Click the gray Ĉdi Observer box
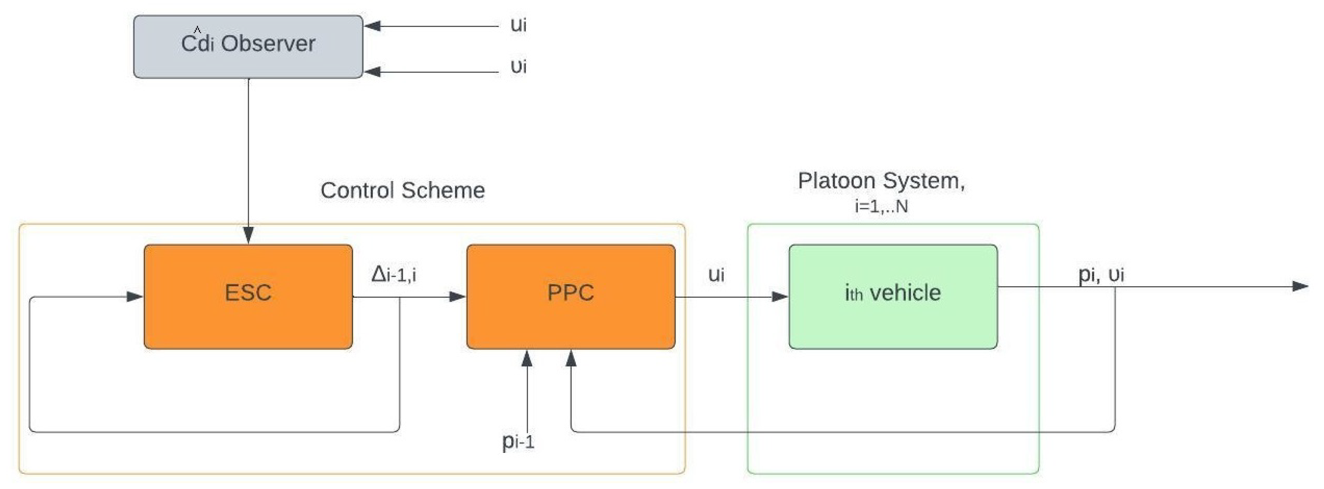point(248,47)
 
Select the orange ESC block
point(248,297)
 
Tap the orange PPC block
point(570,297)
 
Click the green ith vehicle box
point(893,297)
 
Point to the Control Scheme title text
point(402,190)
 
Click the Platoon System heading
point(881,181)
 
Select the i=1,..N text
point(881,207)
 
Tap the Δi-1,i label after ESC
point(394,275)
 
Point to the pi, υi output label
point(1101,274)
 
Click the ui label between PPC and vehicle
point(716,275)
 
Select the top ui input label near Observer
point(518,25)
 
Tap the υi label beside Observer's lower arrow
point(518,66)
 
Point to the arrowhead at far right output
point(1300,287)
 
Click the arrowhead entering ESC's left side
point(135,297)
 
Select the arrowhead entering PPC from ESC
point(457,297)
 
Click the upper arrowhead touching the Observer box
point(372,26)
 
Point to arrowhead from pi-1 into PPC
point(527,358)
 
